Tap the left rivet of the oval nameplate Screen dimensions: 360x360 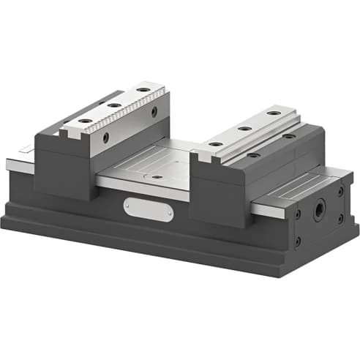(130, 206)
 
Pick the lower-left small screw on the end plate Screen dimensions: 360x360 (298, 241)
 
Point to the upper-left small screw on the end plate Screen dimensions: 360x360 (298, 214)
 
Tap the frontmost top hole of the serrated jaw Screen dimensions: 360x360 (86, 120)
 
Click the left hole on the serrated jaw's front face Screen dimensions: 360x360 (107, 137)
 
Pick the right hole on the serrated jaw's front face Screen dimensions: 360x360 (154, 112)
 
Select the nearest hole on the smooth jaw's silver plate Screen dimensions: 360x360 (216, 143)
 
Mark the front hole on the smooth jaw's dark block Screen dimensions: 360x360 (253, 154)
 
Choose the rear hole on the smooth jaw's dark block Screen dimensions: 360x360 (289, 136)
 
